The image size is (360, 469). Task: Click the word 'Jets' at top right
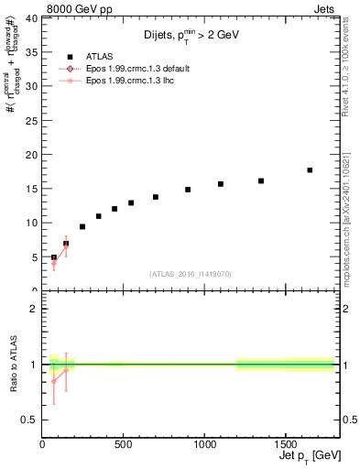coord(324,8)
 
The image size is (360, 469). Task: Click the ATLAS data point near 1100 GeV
coord(221,184)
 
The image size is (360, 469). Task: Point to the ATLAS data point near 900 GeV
coord(188,190)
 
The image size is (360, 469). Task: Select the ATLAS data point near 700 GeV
coord(156,197)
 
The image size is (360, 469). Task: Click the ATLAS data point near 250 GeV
coord(82,226)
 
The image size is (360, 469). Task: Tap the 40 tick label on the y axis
coord(32,18)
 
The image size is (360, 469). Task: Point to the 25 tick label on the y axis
coord(32,120)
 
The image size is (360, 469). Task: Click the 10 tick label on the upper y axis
coord(32,223)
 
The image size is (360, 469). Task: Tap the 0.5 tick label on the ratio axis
coord(29,420)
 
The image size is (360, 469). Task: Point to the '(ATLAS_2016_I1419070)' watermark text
coord(190,274)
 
